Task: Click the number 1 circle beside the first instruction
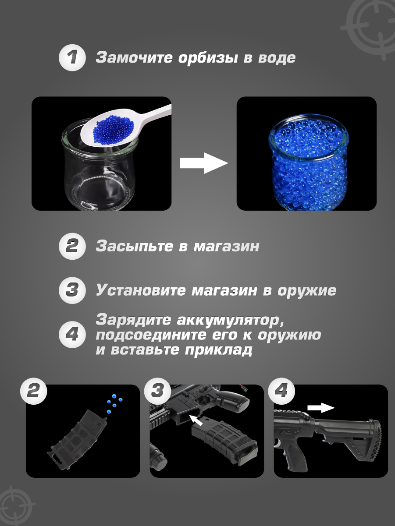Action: (72, 58)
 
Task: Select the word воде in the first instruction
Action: (277, 58)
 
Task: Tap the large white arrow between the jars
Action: (204, 163)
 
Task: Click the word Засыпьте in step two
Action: (135, 246)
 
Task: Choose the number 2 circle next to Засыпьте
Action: (72, 246)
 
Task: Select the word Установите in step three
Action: (141, 290)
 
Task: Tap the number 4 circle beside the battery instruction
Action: (72, 335)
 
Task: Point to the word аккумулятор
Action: (231, 321)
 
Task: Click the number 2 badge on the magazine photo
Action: (34, 392)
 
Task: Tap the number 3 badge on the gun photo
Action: (157, 392)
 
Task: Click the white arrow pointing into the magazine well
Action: (196, 420)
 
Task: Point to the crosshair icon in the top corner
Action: (370, 29)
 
